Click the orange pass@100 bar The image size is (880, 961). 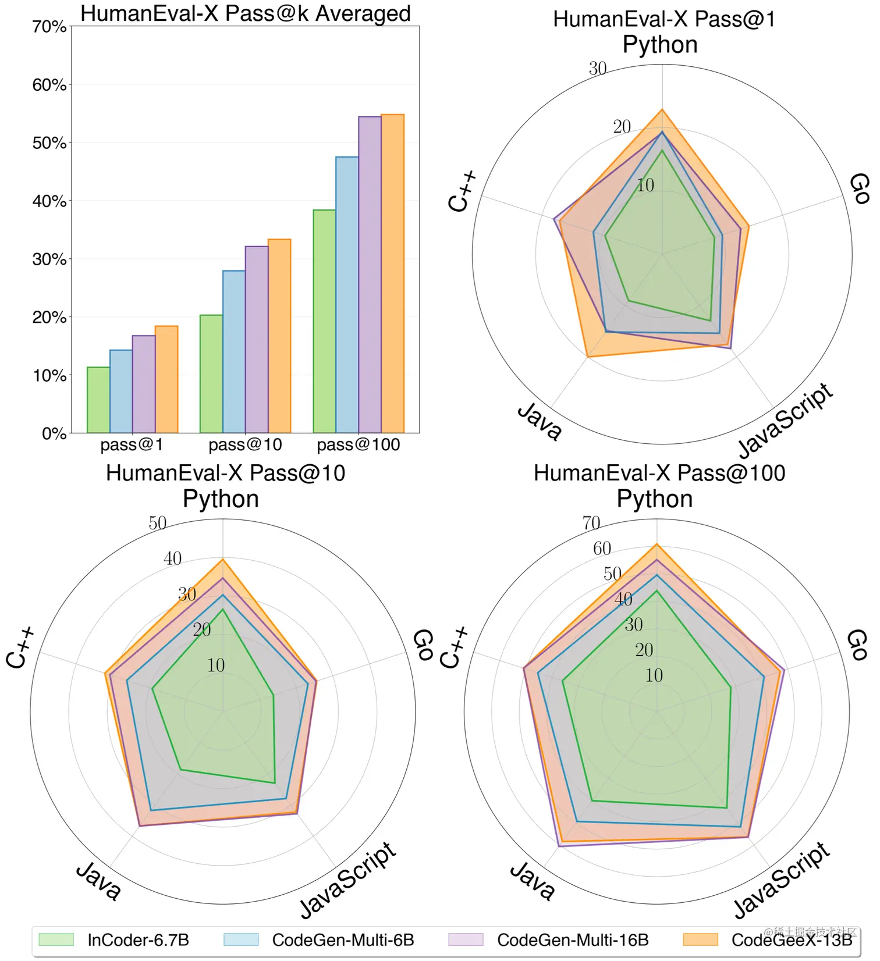[392, 273]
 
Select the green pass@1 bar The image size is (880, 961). [98, 400]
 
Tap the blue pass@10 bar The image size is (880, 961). [234, 351]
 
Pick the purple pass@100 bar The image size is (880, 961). [370, 275]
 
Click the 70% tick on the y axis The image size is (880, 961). [49, 27]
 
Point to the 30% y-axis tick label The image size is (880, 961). [49, 259]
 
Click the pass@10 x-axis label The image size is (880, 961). [245, 445]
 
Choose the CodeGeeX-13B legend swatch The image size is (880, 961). [700, 940]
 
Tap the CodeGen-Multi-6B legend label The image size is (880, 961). [343, 940]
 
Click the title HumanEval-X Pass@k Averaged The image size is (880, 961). [245, 13]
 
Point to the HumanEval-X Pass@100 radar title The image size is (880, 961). [659, 473]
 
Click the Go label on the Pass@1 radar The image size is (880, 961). [859, 188]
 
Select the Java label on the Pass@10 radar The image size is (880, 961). [98, 881]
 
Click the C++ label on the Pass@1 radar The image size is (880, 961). [463, 191]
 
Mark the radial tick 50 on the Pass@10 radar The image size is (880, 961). [158, 523]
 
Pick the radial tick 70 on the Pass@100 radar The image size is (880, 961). [591, 523]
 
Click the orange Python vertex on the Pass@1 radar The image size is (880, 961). [662, 109]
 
